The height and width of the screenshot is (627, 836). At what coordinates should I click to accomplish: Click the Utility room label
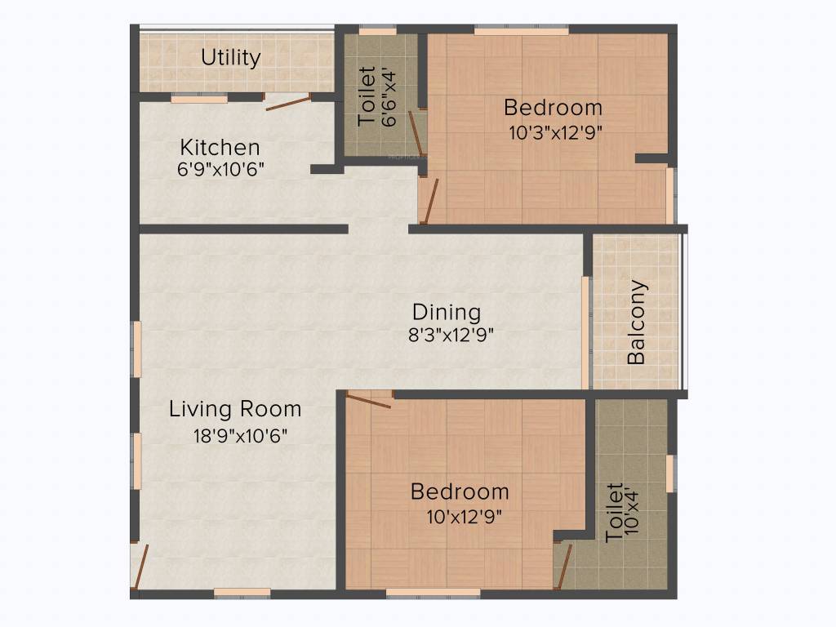(x=231, y=58)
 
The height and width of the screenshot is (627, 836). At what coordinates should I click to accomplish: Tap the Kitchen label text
(x=220, y=148)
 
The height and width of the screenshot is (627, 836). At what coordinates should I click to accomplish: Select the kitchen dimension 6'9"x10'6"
(x=220, y=169)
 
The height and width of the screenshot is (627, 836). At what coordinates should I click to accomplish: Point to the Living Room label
(x=235, y=409)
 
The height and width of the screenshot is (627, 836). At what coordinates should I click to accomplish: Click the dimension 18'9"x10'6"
(x=240, y=435)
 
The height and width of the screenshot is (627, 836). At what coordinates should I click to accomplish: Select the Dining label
(x=446, y=312)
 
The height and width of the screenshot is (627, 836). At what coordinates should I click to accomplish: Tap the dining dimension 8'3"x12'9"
(x=452, y=334)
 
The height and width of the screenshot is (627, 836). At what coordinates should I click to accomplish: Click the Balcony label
(x=637, y=322)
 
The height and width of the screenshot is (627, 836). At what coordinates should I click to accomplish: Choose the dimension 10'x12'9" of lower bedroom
(x=464, y=516)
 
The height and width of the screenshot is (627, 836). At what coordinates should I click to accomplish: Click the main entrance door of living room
(x=140, y=566)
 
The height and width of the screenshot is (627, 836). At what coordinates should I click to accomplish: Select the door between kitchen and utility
(x=287, y=102)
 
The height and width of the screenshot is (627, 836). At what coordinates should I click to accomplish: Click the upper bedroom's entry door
(x=429, y=200)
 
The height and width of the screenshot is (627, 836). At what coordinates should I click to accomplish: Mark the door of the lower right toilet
(x=563, y=565)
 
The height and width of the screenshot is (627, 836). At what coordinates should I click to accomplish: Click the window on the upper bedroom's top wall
(x=521, y=31)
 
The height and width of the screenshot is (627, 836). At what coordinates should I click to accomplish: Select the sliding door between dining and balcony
(x=585, y=331)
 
